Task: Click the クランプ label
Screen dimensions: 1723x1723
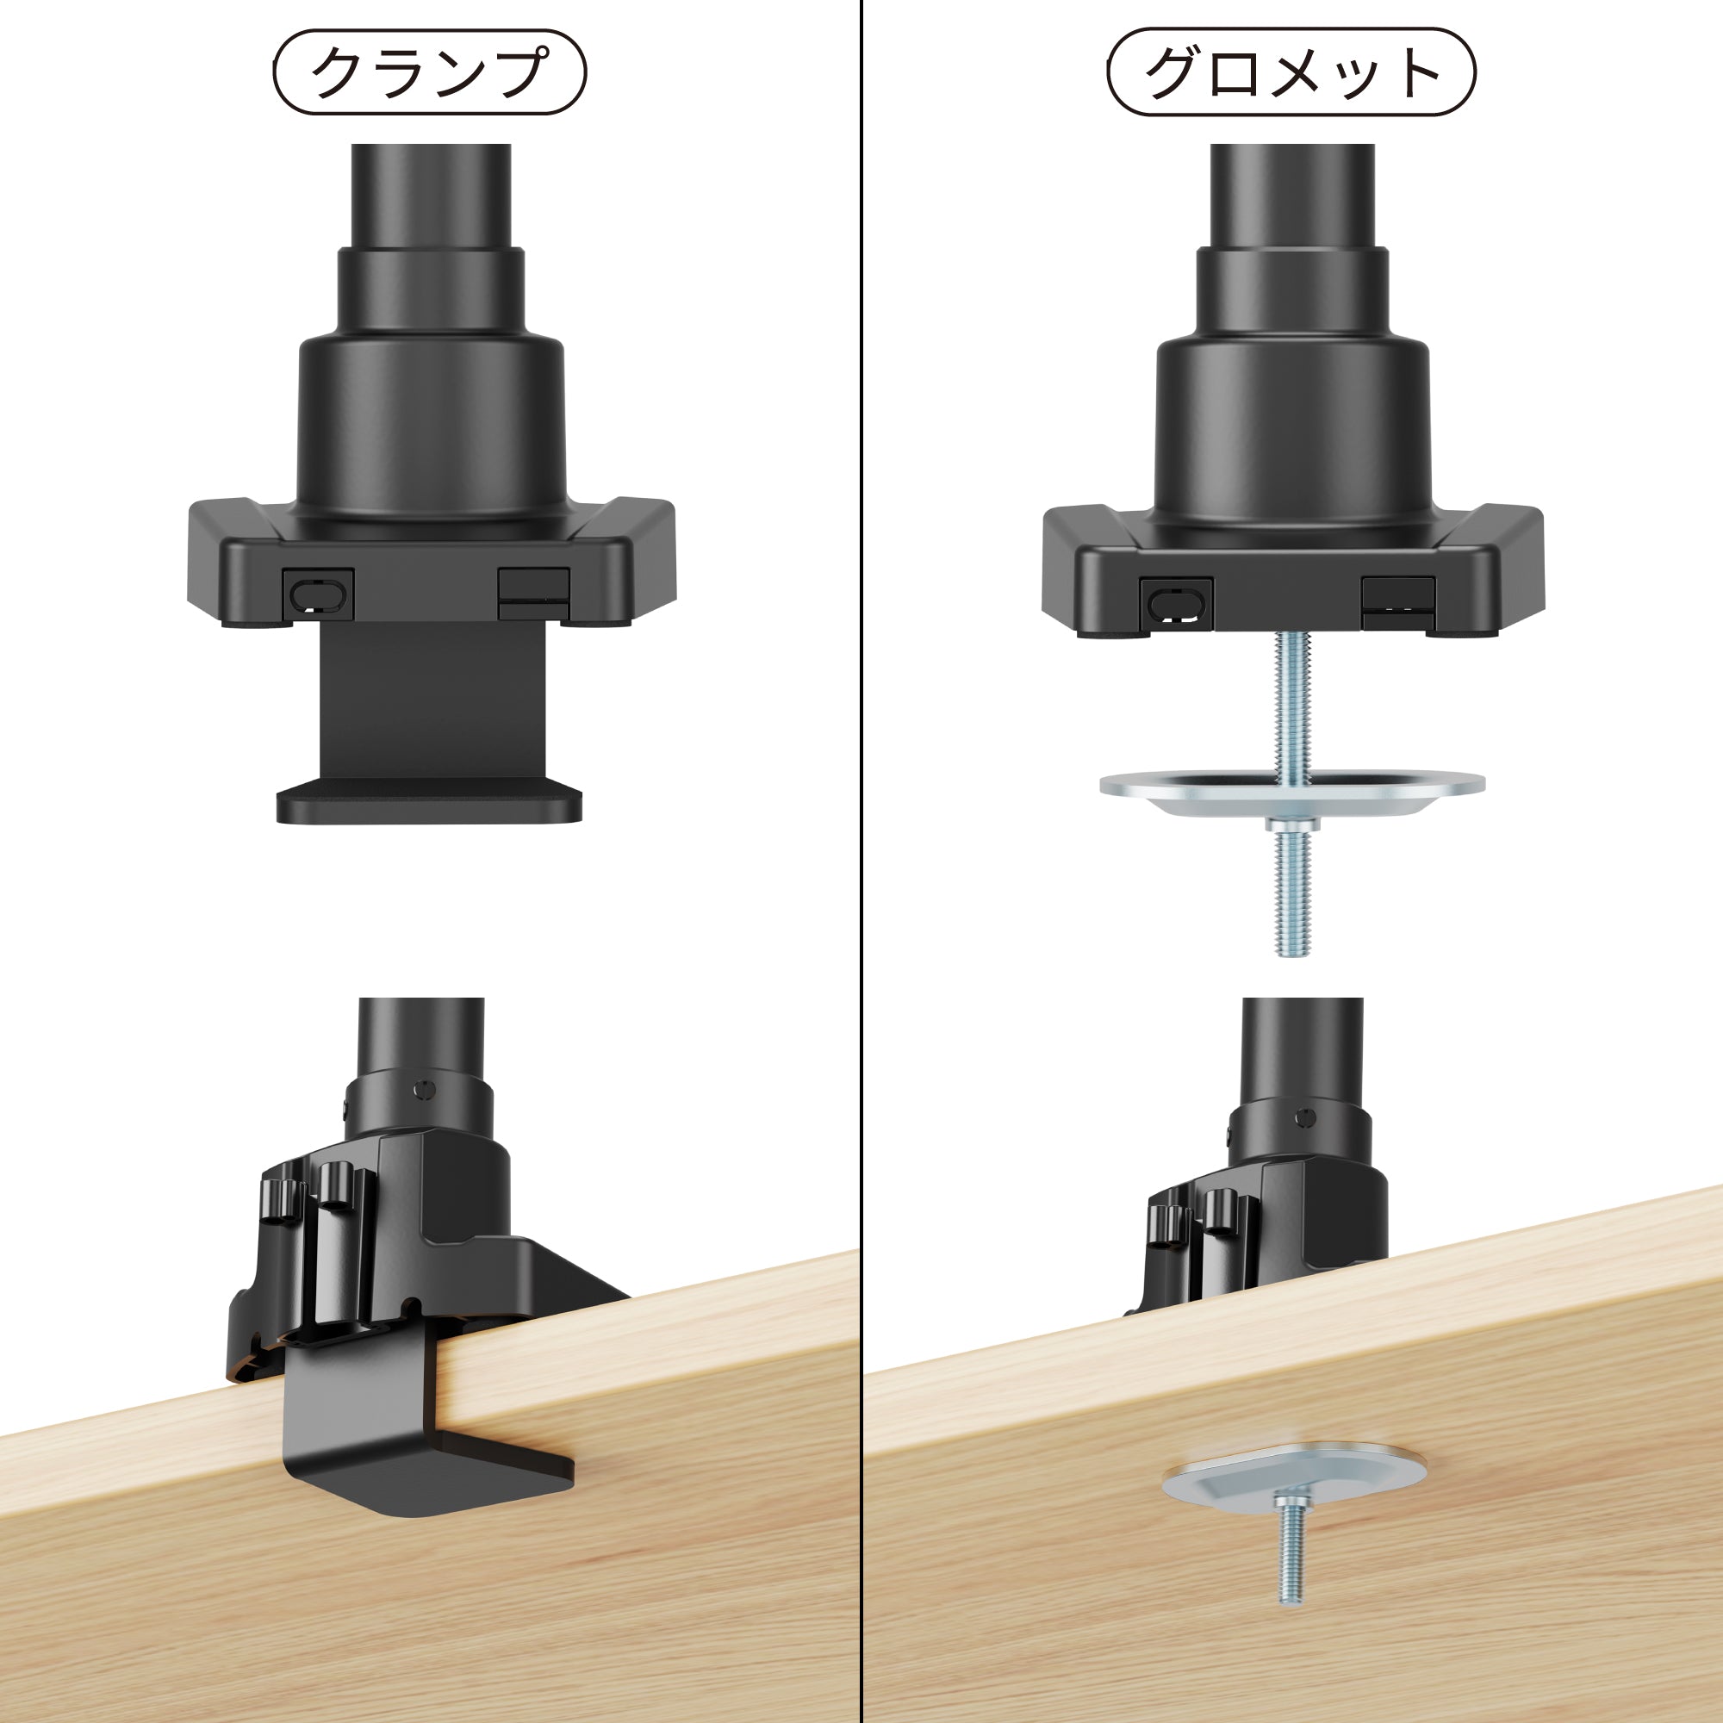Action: [x=429, y=72]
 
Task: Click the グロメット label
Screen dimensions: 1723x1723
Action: [x=1291, y=72]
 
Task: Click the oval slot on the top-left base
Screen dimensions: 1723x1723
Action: [x=319, y=594]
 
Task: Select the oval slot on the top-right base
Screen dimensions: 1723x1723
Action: [x=1176, y=605]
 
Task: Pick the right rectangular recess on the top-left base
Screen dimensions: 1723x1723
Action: [x=533, y=593]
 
